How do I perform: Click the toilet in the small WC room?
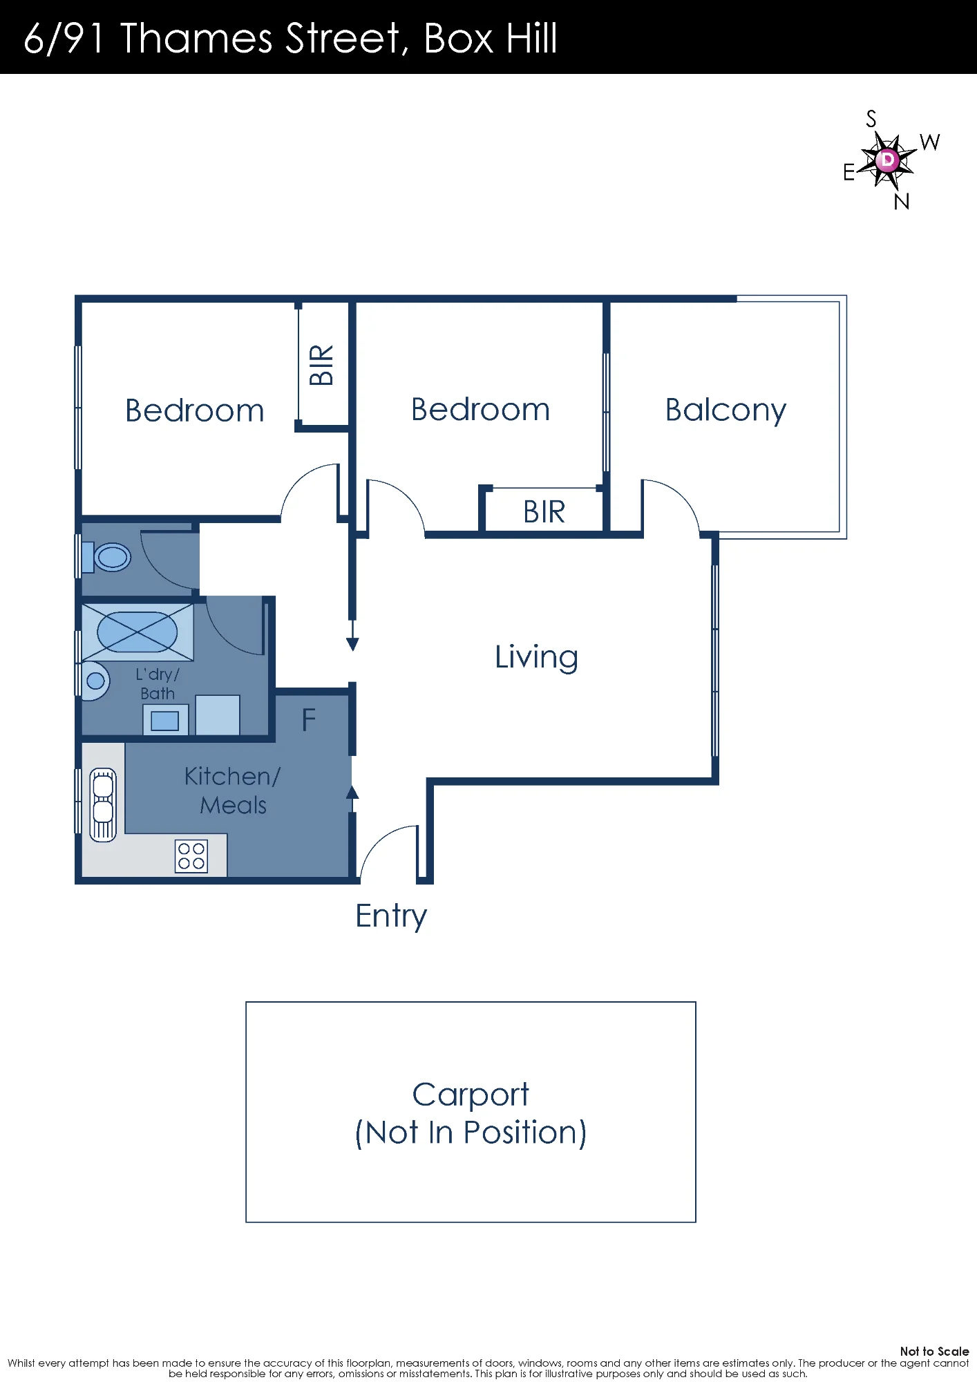(x=106, y=557)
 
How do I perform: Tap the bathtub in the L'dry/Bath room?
(x=137, y=632)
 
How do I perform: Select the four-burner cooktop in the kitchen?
(x=191, y=855)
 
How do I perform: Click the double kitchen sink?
(x=103, y=804)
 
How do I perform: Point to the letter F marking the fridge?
(x=309, y=720)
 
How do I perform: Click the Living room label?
(x=536, y=656)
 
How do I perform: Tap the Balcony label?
(x=725, y=410)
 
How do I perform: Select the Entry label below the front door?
(x=391, y=916)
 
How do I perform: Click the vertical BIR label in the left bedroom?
(x=322, y=365)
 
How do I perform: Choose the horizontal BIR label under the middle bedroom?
(x=544, y=512)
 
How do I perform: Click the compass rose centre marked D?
(x=888, y=160)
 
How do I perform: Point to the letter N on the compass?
(x=902, y=202)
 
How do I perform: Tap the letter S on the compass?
(x=871, y=119)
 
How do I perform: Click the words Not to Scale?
(x=934, y=1351)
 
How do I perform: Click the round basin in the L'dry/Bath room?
(x=95, y=681)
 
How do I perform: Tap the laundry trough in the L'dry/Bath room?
(x=165, y=720)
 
